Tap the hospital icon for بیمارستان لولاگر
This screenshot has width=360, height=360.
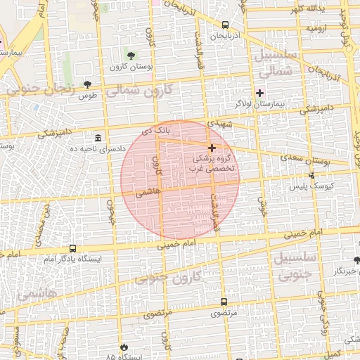coord(259,93)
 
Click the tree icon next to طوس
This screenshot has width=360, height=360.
coord(87,84)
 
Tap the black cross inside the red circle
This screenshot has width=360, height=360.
coord(212,148)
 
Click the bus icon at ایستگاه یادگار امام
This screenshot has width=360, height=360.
coord(72,248)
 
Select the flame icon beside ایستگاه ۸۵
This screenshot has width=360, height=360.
coord(124,347)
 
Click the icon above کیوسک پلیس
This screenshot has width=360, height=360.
coord(311,175)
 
